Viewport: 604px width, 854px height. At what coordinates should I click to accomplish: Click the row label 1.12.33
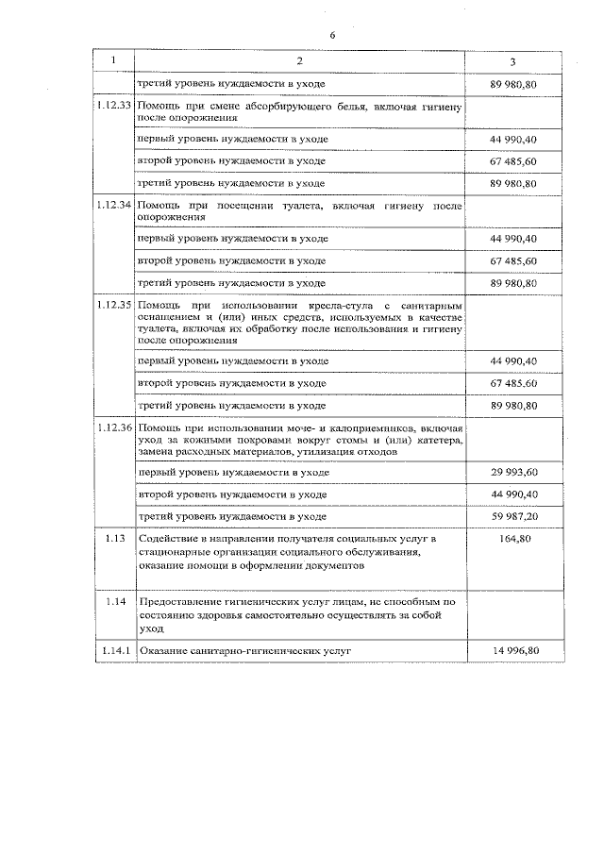pyautogui.click(x=113, y=108)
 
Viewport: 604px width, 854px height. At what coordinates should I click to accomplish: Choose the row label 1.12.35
pyautogui.click(x=113, y=306)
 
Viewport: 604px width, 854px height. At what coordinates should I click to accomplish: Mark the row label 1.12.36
pyautogui.click(x=113, y=428)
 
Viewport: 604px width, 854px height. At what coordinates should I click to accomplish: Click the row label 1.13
pyautogui.click(x=113, y=538)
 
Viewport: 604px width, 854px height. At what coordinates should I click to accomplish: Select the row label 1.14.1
pyautogui.click(x=113, y=651)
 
